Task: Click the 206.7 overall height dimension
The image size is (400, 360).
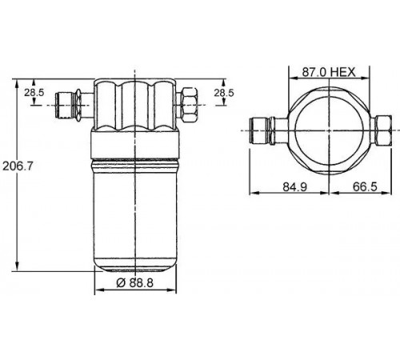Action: click(x=18, y=166)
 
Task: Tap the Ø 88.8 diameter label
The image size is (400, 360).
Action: click(x=135, y=282)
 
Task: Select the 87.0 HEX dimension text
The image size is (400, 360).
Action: click(x=329, y=72)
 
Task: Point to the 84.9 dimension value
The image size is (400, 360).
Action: click(x=294, y=186)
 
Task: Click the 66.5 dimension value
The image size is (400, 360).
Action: click(x=365, y=186)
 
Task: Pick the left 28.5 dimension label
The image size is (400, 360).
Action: click(x=34, y=93)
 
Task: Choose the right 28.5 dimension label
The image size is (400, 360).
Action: click(x=224, y=93)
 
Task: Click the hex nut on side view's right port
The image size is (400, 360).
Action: click(x=190, y=105)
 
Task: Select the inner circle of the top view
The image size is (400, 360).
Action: click(x=329, y=130)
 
